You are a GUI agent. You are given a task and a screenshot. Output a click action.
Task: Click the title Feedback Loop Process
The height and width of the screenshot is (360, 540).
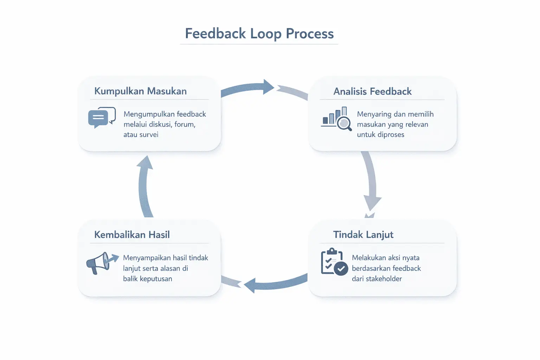(259, 34)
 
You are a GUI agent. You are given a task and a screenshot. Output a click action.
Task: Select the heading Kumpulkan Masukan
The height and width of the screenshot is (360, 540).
(140, 91)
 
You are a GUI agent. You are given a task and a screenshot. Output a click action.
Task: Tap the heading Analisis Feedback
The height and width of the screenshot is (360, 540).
(372, 91)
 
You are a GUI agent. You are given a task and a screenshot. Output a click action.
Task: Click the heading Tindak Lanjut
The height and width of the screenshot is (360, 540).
(363, 234)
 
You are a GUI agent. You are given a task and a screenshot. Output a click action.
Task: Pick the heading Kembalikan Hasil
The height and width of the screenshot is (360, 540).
(132, 234)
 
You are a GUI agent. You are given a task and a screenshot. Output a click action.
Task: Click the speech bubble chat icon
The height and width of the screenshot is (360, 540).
(102, 117)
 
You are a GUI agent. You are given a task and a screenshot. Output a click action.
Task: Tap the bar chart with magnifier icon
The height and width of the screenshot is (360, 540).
(336, 119)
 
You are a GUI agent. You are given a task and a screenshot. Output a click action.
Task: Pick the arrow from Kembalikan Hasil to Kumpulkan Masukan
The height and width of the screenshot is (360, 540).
(144, 186)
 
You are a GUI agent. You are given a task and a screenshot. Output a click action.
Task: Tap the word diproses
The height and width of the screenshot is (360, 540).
(390, 135)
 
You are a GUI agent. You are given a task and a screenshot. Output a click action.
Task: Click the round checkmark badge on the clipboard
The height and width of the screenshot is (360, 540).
(341, 269)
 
